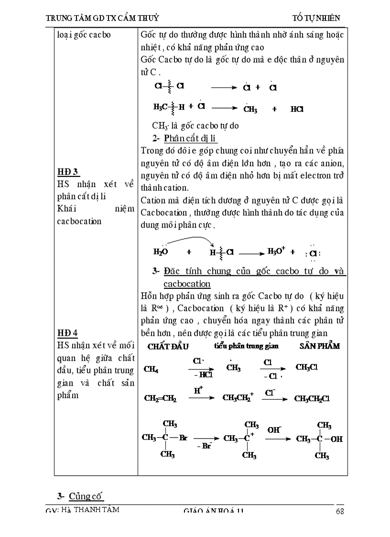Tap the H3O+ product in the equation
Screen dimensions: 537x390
click(x=276, y=251)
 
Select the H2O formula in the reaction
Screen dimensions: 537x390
click(x=161, y=252)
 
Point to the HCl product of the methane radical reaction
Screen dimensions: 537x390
click(x=297, y=109)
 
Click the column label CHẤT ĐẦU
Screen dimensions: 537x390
click(x=168, y=346)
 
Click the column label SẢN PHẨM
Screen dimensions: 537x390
click(x=320, y=346)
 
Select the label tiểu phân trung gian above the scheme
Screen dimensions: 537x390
click(x=246, y=346)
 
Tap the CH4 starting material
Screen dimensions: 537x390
click(x=152, y=369)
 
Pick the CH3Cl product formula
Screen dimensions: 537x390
click(x=307, y=367)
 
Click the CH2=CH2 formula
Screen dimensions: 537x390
click(x=160, y=398)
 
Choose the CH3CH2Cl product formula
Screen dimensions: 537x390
click(x=312, y=398)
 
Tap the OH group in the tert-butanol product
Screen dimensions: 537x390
click(x=336, y=438)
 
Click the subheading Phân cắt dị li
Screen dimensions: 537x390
click(x=190, y=139)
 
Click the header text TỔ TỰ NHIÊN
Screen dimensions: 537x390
click(x=316, y=18)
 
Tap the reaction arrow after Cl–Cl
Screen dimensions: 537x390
click(x=224, y=88)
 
